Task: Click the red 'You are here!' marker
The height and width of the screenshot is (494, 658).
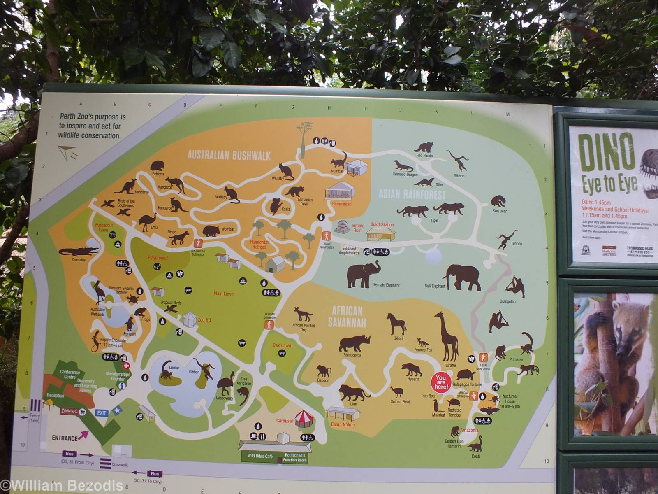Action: [x=441, y=382]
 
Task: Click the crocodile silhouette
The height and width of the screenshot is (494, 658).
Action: [x=78, y=251]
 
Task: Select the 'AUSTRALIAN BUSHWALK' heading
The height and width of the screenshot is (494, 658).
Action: [x=229, y=155]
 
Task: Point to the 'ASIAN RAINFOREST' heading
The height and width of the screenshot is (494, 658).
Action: [x=412, y=194]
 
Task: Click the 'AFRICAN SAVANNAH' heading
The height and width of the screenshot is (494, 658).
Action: [x=347, y=317]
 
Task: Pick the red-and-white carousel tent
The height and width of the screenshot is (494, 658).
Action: [x=303, y=419]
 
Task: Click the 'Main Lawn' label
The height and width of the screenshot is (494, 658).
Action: [x=223, y=294]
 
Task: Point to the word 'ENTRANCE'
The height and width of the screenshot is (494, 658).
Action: [x=65, y=438]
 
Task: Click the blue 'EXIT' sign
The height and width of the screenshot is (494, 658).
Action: [x=102, y=413]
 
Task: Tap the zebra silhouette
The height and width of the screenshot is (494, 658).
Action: [x=396, y=324]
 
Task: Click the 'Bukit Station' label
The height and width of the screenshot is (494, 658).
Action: [x=382, y=225]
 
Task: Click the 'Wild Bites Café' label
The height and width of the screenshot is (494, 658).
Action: [x=260, y=456]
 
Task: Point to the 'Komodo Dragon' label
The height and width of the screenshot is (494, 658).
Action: [x=405, y=175]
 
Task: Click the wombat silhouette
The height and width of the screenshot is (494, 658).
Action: [x=211, y=231]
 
